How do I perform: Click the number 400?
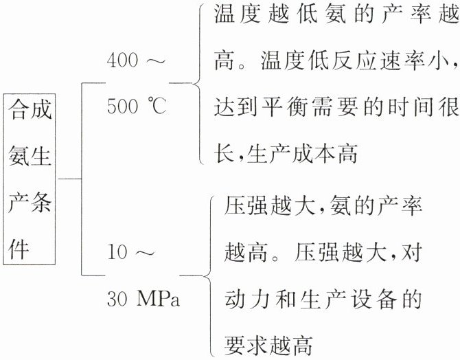tap(123, 60)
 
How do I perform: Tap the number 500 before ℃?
tap(123, 108)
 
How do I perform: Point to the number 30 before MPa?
tap(117, 300)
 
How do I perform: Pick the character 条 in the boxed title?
tap(43, 203)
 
